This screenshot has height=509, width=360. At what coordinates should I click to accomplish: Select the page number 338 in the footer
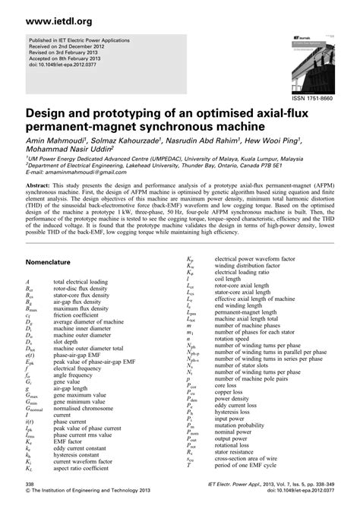(29, 482)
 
